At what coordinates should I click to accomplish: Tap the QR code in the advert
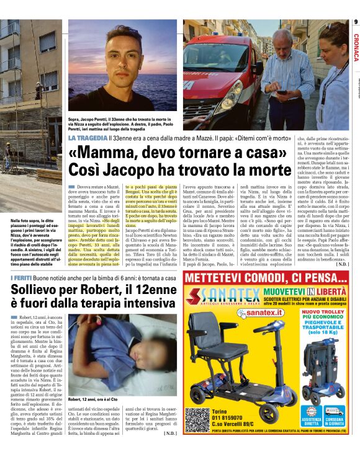(x=196, y=419)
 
